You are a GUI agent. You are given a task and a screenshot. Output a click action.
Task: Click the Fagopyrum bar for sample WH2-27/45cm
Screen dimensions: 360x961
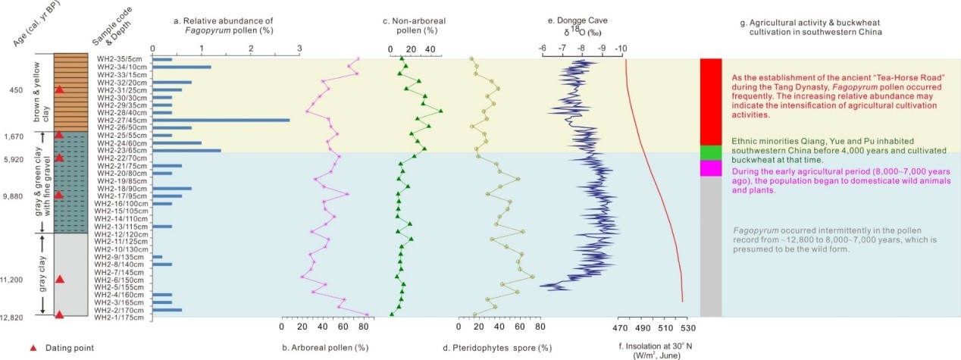[221, 120]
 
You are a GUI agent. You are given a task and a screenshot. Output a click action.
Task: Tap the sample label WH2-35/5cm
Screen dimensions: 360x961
[119, 59]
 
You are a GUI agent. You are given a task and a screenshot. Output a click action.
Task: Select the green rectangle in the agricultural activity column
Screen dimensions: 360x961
[710, 152]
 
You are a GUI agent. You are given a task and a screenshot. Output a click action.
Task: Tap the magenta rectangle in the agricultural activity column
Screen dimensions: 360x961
[710, 168]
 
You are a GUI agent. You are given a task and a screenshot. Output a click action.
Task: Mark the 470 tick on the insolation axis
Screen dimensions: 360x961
[619, 327]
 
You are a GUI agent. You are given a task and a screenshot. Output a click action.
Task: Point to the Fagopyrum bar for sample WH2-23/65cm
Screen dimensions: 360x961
[186, 150]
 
